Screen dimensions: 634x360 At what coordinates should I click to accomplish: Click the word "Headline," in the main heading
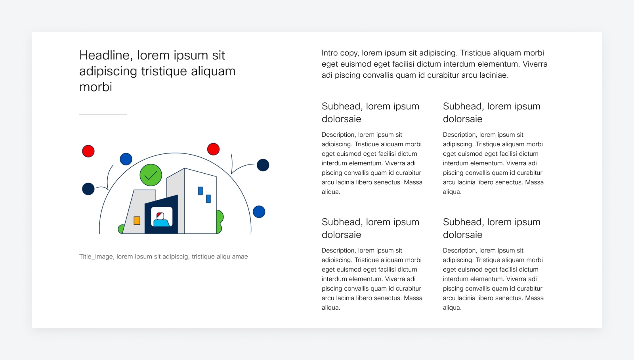coord(106,56)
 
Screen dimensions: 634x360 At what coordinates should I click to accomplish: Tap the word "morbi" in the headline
coord(95,87)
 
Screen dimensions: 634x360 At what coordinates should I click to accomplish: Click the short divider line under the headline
coord(103,115)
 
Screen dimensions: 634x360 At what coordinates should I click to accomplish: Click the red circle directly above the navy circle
coord(88,151)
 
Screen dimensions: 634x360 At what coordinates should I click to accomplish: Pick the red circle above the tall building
coord(214,149)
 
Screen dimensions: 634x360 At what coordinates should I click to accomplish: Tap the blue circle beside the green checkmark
coord(126,159)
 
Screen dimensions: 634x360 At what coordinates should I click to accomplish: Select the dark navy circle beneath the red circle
coord(88,189)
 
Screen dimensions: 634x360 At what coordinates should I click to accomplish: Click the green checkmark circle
coord(151,175)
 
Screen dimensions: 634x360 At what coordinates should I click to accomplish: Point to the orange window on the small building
coord(137,221)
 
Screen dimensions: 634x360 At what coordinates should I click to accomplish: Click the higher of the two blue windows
coord(201,191)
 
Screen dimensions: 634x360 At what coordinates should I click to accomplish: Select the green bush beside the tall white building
coord(220,221)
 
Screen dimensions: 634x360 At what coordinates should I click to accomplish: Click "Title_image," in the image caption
coord(97,257)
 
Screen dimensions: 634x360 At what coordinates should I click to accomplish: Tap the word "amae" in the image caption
coord(240,257)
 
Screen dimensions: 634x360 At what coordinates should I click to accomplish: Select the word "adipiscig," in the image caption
coord(175,257)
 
